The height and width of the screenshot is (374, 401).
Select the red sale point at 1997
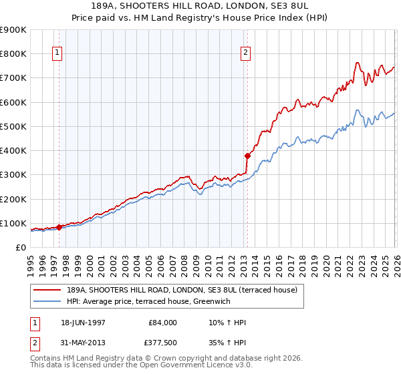click(59, 227)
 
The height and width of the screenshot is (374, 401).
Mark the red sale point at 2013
click(247, 156)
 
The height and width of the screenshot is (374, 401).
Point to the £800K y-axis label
click(13, 53)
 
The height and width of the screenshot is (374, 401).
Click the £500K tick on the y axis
click(13, 126)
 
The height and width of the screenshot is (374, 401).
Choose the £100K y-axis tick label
click(13, 223)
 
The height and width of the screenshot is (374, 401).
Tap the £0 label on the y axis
click(20, 247)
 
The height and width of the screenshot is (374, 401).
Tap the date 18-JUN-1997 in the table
click(84, 323)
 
